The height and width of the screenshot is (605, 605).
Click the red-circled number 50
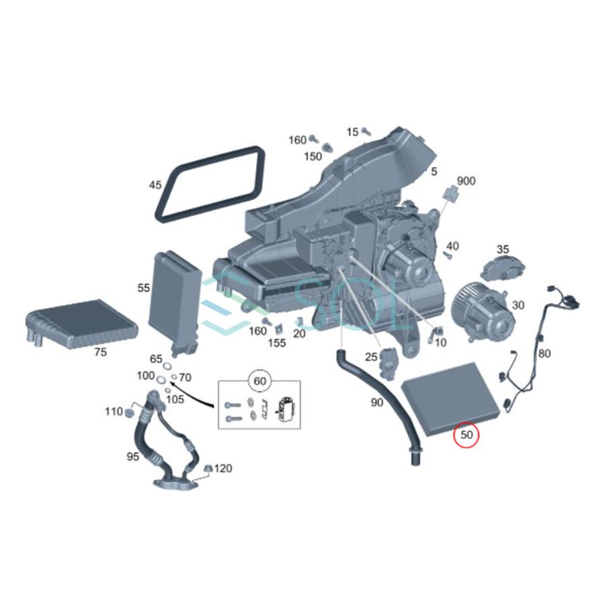point(467,435)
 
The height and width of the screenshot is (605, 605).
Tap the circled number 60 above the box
point(259,381)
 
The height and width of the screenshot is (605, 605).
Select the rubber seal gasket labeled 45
point(166,210)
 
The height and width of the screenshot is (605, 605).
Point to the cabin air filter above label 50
point(452,399)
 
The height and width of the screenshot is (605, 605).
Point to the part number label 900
point(466,181)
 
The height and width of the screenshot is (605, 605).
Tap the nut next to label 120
point(208,468)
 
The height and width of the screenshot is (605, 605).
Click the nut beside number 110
point(129,413)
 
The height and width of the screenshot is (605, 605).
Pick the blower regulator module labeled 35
point(503,268)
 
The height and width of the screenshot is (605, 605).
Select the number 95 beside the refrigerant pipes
point(132,456)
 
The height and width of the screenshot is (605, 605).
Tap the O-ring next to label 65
point(168,366)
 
